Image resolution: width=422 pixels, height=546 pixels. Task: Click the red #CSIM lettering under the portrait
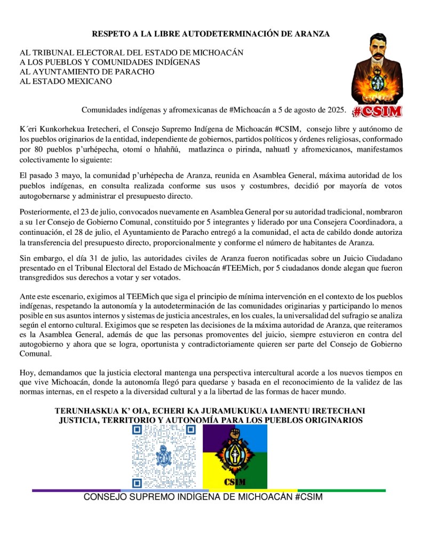(378, 110)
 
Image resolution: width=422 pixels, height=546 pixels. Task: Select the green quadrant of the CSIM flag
(251, 473)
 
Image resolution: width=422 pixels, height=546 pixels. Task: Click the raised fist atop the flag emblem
(235, 433)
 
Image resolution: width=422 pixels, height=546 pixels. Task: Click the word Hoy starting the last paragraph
(27, 373)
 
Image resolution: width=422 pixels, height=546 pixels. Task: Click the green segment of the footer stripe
(342, 490)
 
